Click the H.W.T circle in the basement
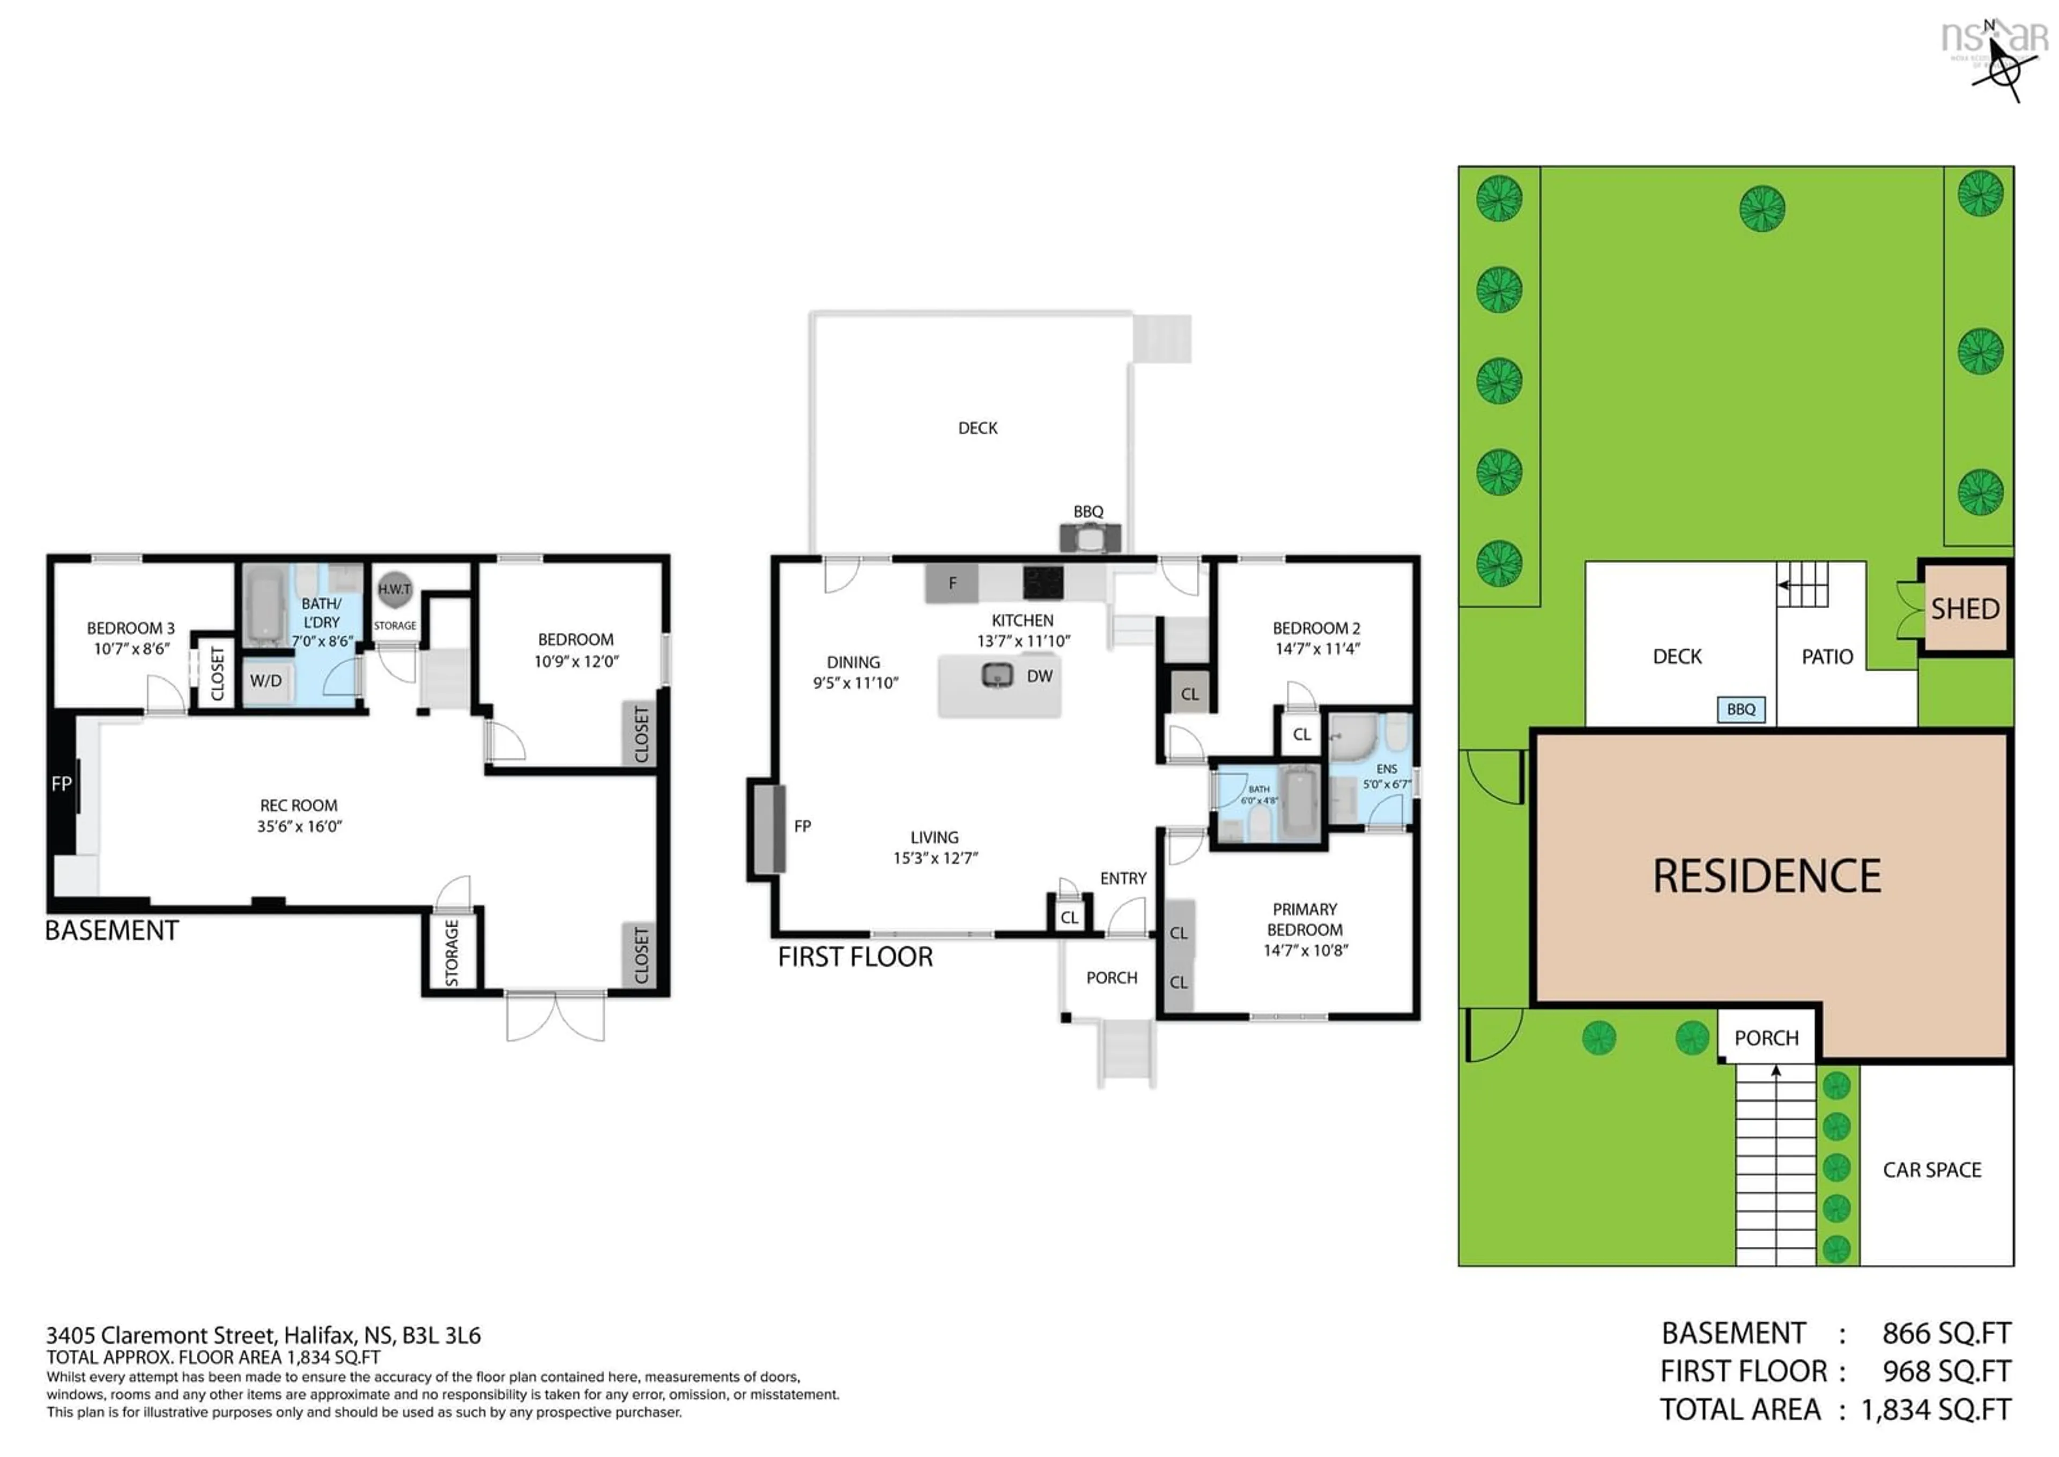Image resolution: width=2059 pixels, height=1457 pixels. [394, 589]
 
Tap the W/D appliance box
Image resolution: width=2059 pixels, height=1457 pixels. [266, 681]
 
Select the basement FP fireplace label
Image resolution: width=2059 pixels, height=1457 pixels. [61, 784]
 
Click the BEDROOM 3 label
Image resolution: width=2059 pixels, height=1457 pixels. [131, 628]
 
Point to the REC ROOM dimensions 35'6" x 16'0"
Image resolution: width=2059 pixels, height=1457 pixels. [300, 826]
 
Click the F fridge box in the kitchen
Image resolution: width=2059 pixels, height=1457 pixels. [952, 583]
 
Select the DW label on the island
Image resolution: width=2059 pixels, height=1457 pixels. [1040, 676]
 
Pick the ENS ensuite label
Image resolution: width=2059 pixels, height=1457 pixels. [1386, 769]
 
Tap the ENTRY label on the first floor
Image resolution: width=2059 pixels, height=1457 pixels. [1123, 878]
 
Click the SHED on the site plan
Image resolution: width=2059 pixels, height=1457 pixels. [1965, 609]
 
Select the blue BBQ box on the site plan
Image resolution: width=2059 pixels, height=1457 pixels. [1740, 709]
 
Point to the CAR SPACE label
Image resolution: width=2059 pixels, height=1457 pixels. [1931, 1170]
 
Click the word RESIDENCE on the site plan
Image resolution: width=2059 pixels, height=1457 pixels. [1767, 877]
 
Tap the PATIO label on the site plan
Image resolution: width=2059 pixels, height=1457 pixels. [1827, 657]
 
